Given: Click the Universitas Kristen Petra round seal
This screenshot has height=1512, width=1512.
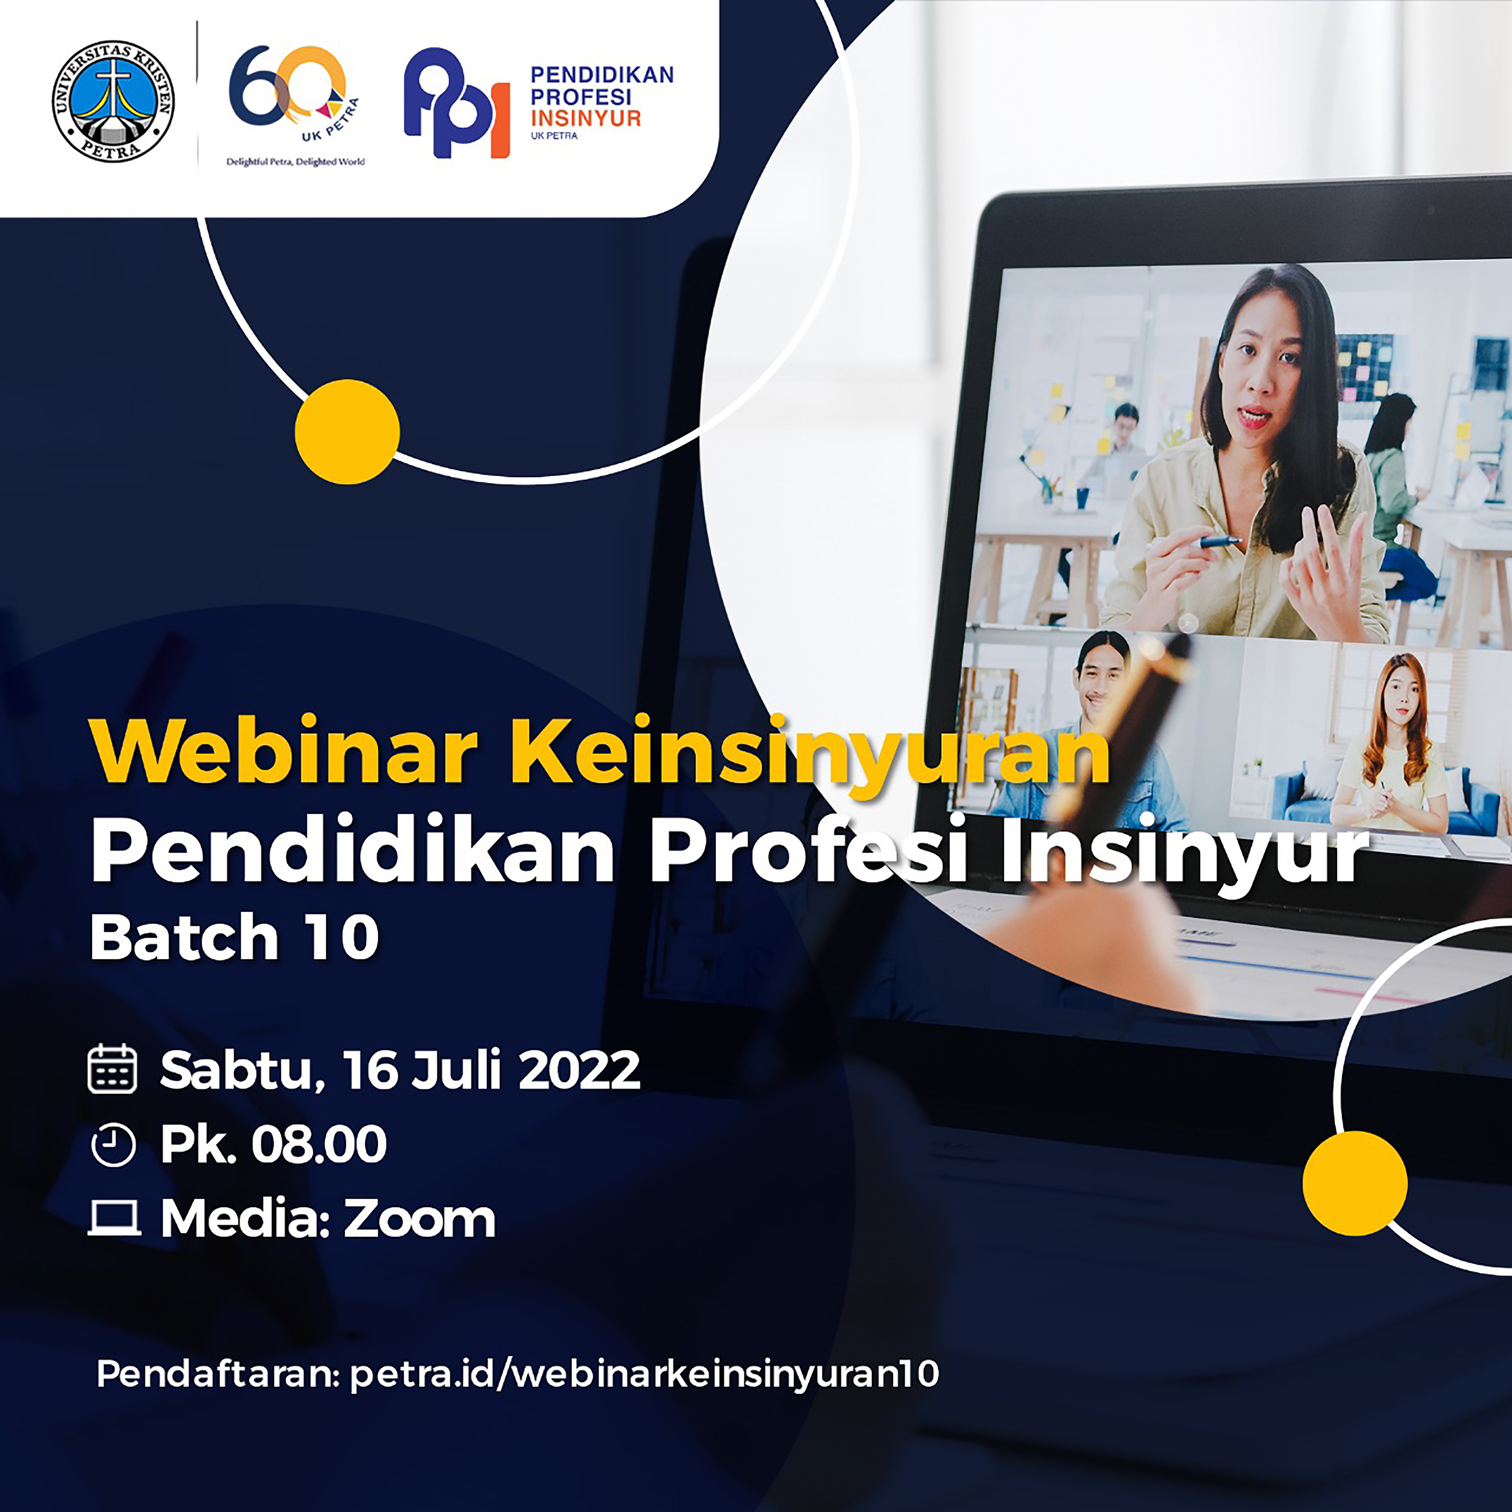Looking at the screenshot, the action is click(x=113, y=102).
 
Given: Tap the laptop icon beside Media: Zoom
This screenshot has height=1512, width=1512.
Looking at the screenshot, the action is click(x=114, y=1219).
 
